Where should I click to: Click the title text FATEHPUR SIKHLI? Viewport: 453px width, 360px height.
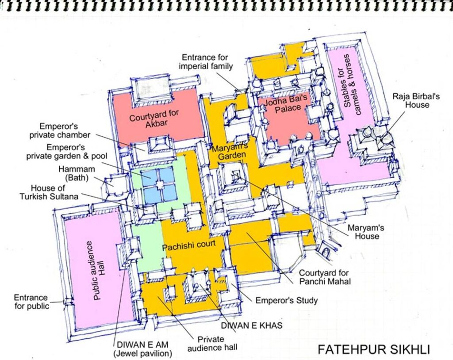(x=374, y=349)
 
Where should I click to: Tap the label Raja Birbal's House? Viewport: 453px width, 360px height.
(x=416, y=100)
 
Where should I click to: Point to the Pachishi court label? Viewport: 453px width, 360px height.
(x=188, y=245)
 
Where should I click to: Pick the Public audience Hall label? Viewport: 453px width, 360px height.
(x=99, y=270)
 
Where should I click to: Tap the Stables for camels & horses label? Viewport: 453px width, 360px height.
(x=353, y=84)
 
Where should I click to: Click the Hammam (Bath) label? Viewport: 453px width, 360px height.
(x=77, y=173)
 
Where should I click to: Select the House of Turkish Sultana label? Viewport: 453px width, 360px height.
(x=49, y=192)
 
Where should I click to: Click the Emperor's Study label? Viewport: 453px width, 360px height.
(x=287, y=300)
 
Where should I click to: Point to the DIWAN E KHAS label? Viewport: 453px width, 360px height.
(x=252, y=326)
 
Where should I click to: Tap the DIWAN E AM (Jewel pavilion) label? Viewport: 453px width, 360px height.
(x=143, y=349)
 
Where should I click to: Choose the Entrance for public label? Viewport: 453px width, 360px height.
(x=31, y=302)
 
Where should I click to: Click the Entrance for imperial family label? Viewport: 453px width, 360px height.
(x=206, y=62)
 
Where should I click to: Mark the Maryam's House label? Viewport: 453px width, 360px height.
(x=366, y=232)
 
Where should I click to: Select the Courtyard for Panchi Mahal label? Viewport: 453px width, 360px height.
(x=324, y=277)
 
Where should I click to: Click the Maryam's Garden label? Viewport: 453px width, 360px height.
(x=230, y=153)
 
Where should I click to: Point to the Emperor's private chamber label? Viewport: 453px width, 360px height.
(x=60, y=130)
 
